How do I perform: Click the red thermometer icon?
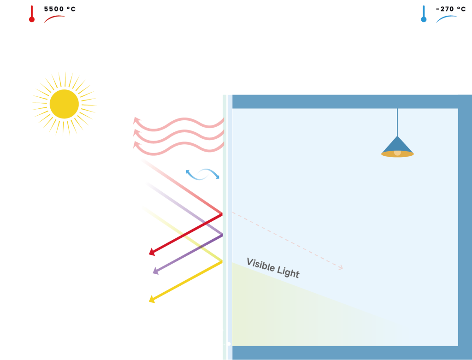coord(32,14)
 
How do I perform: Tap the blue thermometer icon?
coord(424,14)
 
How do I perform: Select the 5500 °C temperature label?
coord(60,9)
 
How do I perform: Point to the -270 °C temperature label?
coord(451,9)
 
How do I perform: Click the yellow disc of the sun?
coord(64,104)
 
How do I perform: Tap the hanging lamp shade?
coord(397,147)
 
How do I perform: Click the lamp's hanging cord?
coord(397,122)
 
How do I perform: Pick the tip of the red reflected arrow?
coord(149,254)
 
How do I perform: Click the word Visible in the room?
coord(260,264)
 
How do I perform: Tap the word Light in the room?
coord(288,272)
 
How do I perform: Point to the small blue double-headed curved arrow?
coord(203,174)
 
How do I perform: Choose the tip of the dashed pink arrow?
coord(342,268)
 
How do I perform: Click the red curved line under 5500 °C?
coord(54,18)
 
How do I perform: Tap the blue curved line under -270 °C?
coord(446,18)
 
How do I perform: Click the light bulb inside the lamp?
coord(397,153)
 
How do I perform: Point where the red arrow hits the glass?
coord(222,214)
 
